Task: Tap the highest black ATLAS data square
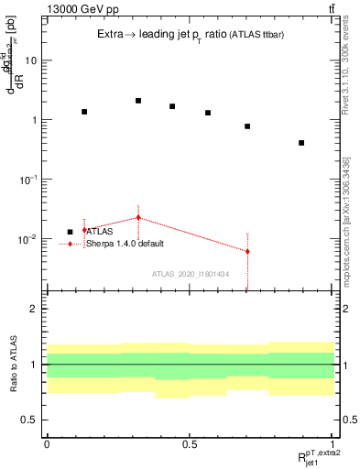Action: (x=138, y=101)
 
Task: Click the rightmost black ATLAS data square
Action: (x=301, y=143)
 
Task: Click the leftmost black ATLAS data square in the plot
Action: (x=84, y=112)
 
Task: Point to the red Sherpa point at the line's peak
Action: (x=138, y=217)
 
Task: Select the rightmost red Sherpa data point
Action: (x=247, y=251)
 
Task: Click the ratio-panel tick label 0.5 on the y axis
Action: (x=33, y=420)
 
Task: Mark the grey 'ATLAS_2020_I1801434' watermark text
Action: (x=190, y=274)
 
